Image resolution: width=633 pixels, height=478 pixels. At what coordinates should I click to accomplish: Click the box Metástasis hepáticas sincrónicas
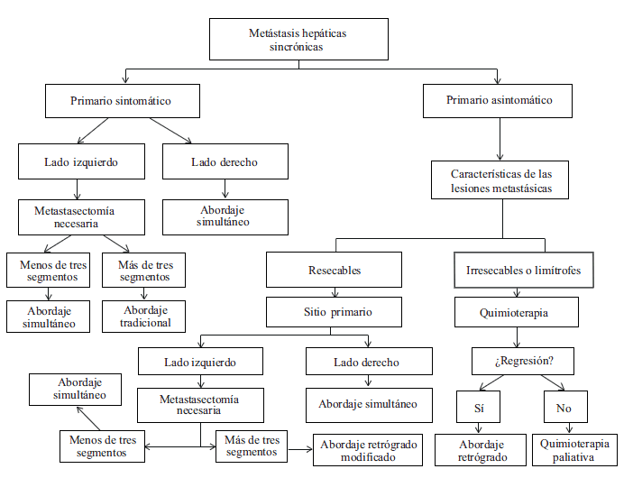[297, 39]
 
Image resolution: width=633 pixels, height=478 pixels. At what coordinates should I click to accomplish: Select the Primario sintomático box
[121, 101]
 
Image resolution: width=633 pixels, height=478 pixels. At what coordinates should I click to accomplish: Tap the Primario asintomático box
[499, 100]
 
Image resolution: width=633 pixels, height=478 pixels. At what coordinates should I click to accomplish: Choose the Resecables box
[333, 270]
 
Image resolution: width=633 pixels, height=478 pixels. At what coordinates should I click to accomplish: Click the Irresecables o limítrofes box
[524, 270]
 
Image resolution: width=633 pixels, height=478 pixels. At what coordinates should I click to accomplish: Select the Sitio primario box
[333, 313]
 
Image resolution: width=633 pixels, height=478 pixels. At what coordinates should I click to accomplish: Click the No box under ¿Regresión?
[564, 407]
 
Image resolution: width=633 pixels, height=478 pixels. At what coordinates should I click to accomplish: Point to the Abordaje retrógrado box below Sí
[480, 449]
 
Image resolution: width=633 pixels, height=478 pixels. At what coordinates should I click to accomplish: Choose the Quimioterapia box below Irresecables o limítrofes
[516, 313]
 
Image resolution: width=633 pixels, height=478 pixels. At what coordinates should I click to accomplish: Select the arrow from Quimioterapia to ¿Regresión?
[517, 337]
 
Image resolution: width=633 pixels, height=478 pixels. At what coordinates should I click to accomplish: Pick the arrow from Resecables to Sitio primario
[334, 291]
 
